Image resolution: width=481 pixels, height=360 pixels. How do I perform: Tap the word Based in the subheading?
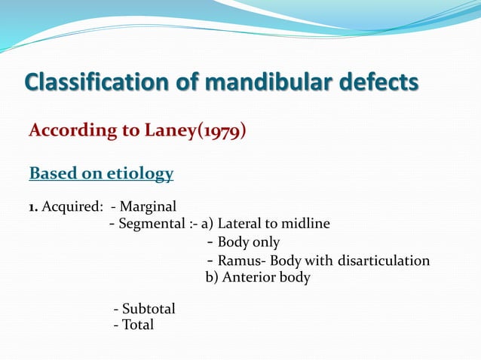(53, 174)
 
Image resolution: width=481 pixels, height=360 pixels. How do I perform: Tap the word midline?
(305, 224)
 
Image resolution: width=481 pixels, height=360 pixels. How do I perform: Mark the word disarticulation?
(384, 261)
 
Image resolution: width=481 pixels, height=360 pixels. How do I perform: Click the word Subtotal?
(148, 309)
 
